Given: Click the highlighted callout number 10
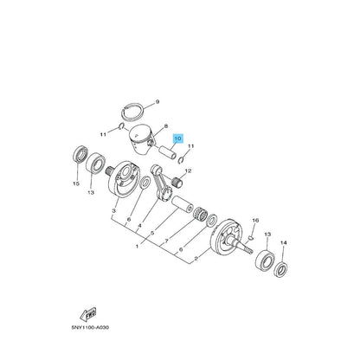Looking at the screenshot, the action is point(178,138).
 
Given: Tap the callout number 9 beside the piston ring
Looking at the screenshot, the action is point(157,102).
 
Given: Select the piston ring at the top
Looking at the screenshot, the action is point(132,112).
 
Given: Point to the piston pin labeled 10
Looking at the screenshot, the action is point(168,152).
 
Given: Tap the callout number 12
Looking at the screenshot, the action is point(188,171).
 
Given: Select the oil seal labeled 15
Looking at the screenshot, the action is point(80,157).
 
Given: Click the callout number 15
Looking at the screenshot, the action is point(76,183).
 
